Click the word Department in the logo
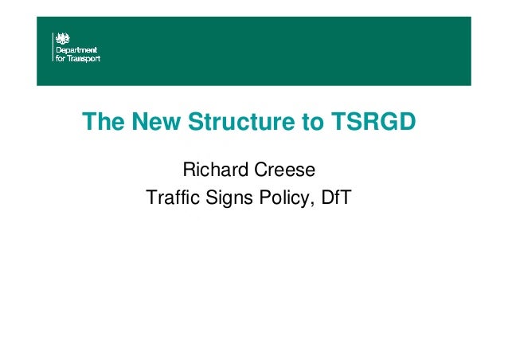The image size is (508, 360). point(77,49)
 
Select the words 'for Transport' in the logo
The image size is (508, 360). point(76,57)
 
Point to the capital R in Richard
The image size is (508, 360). point(190,170)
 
